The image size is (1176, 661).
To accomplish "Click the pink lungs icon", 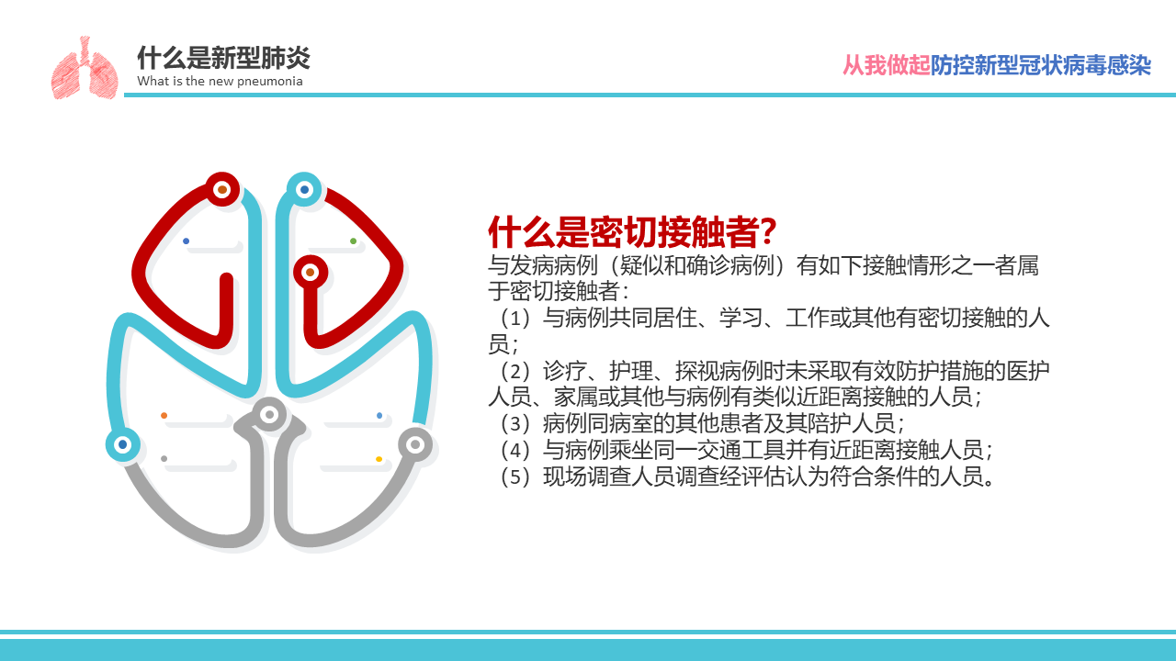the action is tap(84, 68).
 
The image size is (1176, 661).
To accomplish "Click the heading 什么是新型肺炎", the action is tap(223, 58).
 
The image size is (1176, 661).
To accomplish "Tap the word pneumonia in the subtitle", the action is tap(270, 82).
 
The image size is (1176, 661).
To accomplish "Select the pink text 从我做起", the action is tap(887, 65).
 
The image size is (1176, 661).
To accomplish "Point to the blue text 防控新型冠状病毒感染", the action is tap(1041, 65).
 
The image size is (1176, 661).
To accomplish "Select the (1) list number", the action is tap(515, 318).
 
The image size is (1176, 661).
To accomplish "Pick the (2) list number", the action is tap(515, 372).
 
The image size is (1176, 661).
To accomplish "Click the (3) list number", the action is tap(515, 423).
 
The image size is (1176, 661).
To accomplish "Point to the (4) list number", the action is tap(515, 450).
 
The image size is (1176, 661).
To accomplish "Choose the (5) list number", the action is tap(515, 476).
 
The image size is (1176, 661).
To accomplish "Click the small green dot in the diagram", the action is tap(354, 241).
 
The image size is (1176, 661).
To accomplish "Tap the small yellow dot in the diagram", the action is tap(379, 459).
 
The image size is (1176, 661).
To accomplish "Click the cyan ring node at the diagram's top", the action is tap(304, 189).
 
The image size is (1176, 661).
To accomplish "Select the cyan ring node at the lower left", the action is tap(123, 445).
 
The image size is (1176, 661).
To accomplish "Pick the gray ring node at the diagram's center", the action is tap(269, 414).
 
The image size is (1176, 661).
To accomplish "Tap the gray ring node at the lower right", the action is tap(415, 445).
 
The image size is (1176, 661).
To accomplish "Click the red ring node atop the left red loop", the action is tap(222, 189).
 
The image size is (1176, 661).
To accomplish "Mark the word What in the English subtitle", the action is tap(153, 81).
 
